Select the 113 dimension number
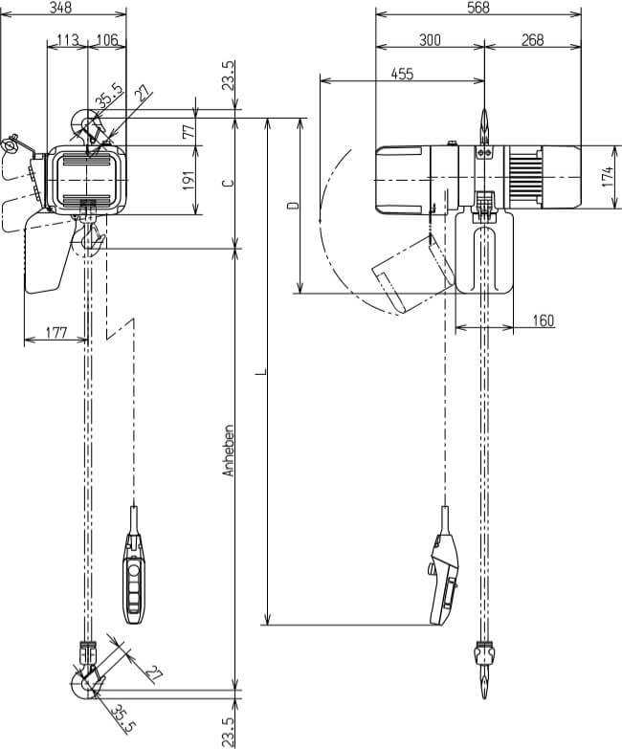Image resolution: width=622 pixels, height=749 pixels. pyautogui.click(x=67, y=39)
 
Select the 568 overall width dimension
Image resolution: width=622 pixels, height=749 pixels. pyautogui.click(x=478, y=8)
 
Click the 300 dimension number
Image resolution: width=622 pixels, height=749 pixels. pyautogui.click(x=430, y=39)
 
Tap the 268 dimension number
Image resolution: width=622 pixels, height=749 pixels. pyautogui.click(x=532, y=39)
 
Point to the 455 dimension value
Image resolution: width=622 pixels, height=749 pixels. pyautogui.click(x=402, y=74)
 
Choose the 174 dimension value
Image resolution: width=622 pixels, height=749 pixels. pyautogui.click(x=607, y=178)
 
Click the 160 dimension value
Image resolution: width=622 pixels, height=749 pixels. pyautogui.click(x=542, y=319)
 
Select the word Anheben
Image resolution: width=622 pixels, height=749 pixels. pyautogui.click(x=228, y=451)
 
